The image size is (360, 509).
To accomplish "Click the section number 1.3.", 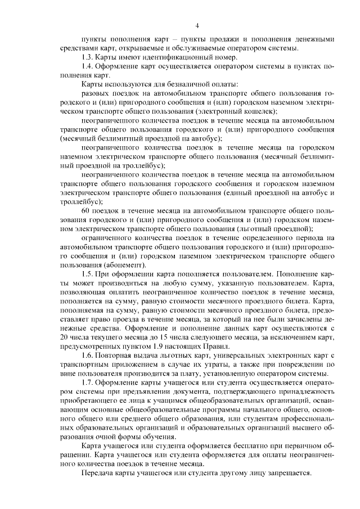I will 88,57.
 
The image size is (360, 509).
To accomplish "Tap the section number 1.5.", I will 88,274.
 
